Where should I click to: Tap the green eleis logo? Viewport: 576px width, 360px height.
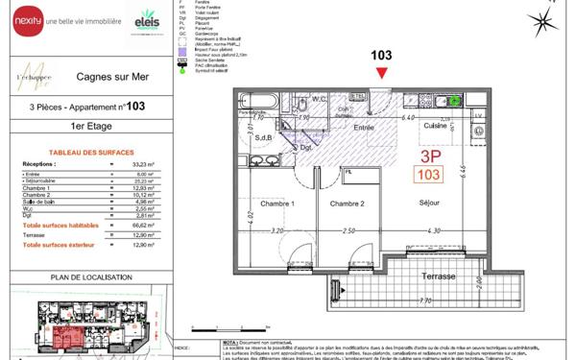point(147,19)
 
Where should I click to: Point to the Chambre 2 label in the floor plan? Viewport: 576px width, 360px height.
point(348,204)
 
